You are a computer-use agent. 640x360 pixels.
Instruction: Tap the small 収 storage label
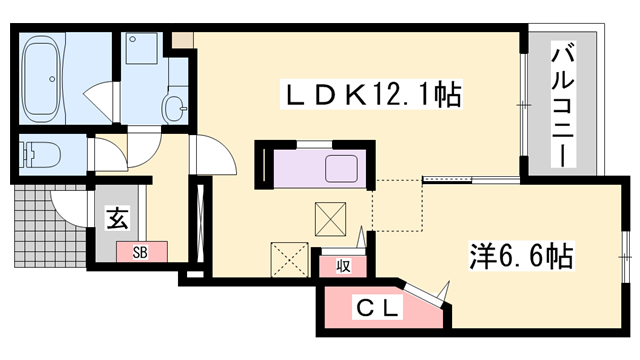[342, 265]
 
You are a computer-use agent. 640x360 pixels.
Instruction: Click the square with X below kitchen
[331, 217]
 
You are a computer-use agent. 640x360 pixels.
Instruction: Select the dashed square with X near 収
[290, 259]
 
